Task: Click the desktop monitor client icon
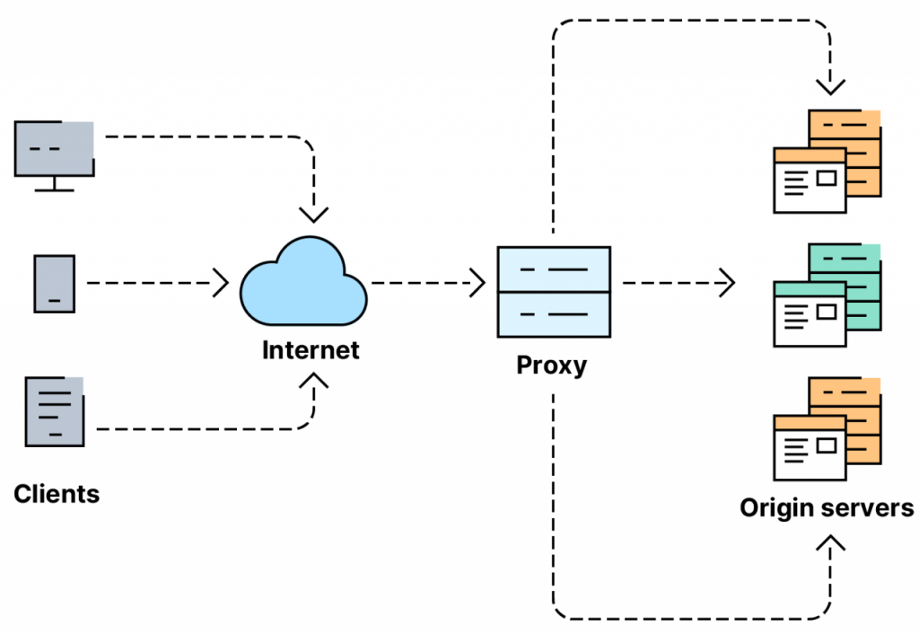click(x=55, y=148)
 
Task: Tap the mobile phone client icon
click(x=55, y=284)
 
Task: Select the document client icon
click(x=55, y=412)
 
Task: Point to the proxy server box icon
click(x=554, y=291)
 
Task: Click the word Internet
click(x=311, y=349)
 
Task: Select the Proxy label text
click(x=551, y=365)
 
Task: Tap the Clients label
click(x=57, y=493)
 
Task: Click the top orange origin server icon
click(x=827, y=162)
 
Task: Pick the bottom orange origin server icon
click(x=827, y=429)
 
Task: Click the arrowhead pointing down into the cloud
click(x=313, y=214)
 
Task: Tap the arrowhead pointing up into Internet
click(x=313, y=381)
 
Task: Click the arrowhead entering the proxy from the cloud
click(x=477, y=283)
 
